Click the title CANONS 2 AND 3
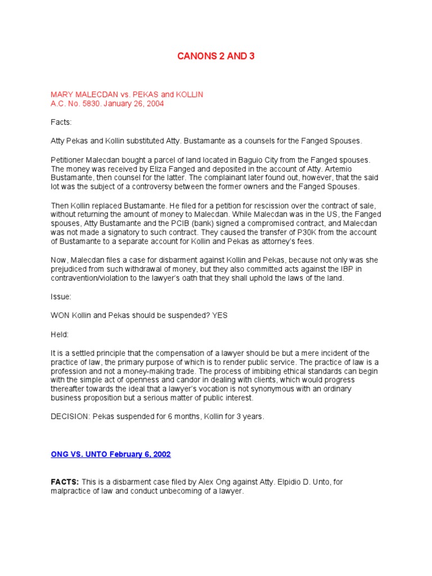[215, 56]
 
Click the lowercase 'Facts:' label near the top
[61, 122]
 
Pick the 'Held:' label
[60, 334]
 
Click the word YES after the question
[220, 316]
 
